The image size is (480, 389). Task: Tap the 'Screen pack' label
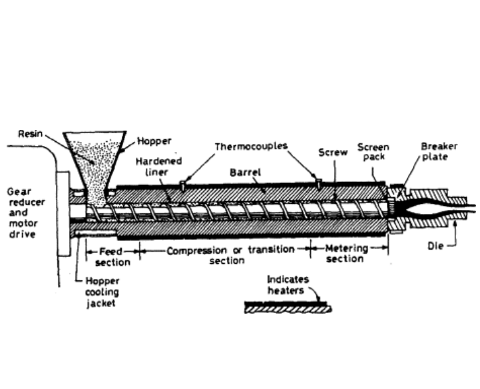pyautogui.click(x=373, y=151)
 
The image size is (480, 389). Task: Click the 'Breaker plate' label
pyautogui.click(x=435, y=151)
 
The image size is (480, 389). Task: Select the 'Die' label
pyautogui.click(x=435, y=245)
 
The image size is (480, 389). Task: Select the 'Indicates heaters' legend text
pyautogui.click(x=285, y=284)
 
